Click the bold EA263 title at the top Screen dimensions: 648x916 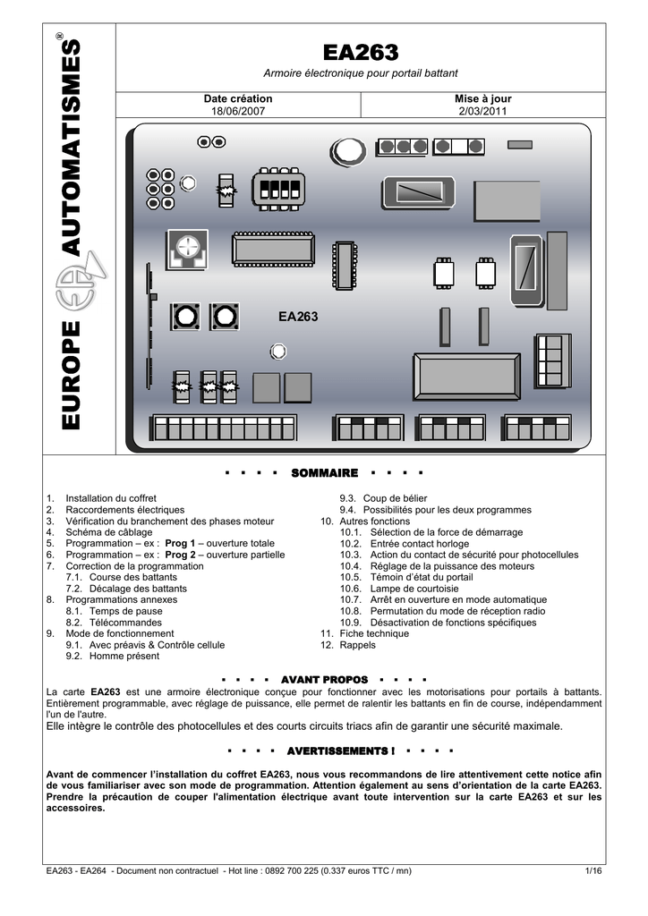click(361, 53)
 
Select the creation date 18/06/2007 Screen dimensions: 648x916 click(238, 111)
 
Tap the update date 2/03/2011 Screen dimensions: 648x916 click(482, 111)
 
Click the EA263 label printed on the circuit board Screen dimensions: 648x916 click(298, 317)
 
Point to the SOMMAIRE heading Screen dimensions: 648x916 click(324, 473)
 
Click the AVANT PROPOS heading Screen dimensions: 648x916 click(324, 680)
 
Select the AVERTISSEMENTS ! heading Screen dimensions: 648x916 click(341, 751)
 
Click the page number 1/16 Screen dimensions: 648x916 click(593, 871)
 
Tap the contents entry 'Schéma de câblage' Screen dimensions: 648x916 click(108, 532)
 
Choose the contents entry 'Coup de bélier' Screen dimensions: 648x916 click(395, 498)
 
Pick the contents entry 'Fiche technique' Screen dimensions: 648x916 click(374, 634)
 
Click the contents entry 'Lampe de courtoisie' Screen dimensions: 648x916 click(414, 589)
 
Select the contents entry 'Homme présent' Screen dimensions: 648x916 click(124, 656)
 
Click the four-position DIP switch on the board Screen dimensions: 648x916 click(278, 189)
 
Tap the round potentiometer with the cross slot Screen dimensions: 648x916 click(187, 250)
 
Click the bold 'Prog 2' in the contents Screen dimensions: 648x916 click(180, 555)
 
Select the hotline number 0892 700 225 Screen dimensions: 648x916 click(292, 871)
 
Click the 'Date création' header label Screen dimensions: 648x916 click(238, 98)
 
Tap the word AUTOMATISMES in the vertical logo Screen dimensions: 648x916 click(72, 148)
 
